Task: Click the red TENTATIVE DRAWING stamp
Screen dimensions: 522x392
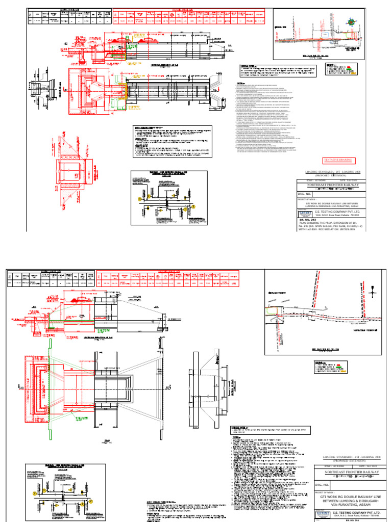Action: pyautogui.click(x=339, y=161)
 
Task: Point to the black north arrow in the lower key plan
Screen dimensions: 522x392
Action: pyautogui.click(x=374, y=292)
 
